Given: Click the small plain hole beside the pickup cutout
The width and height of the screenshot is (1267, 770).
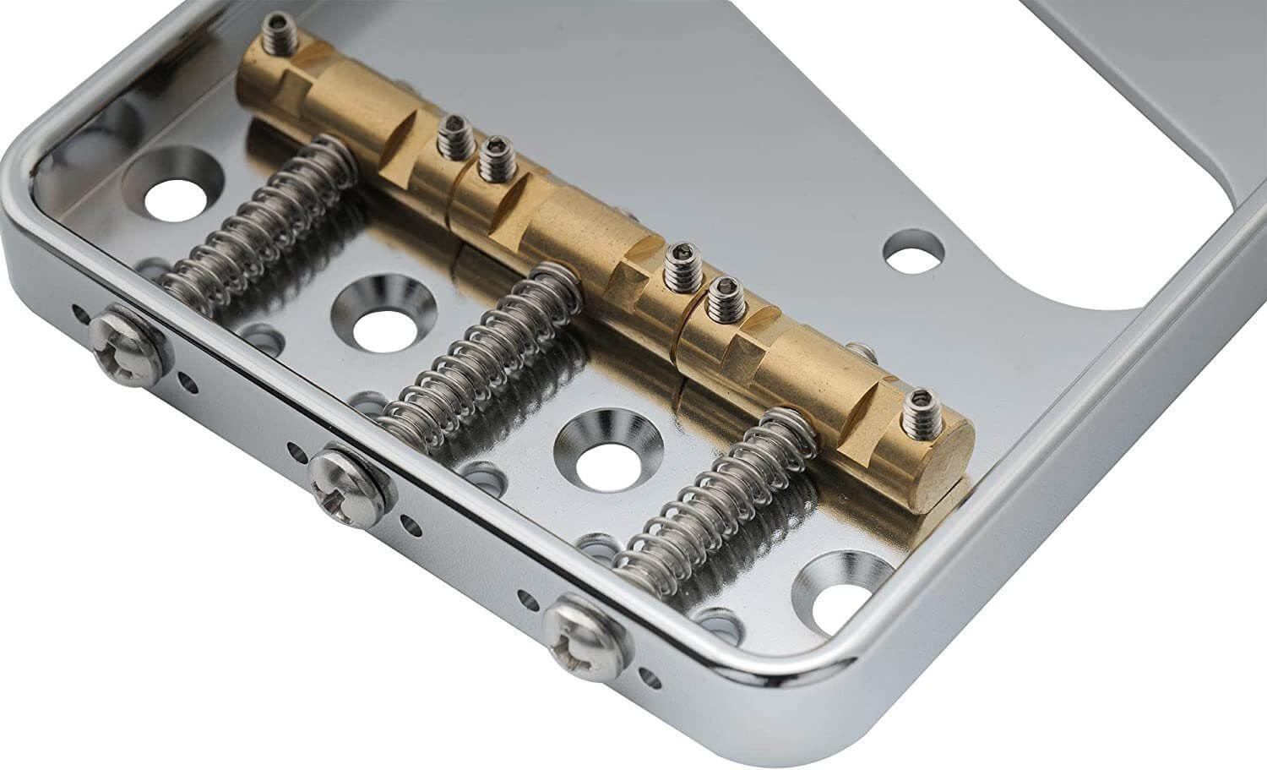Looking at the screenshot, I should pos(913,251).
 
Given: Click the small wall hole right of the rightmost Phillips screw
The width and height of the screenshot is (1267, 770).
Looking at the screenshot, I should pos(650,677).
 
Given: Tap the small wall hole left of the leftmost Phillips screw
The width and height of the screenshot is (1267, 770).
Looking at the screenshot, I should pos(80,315).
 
